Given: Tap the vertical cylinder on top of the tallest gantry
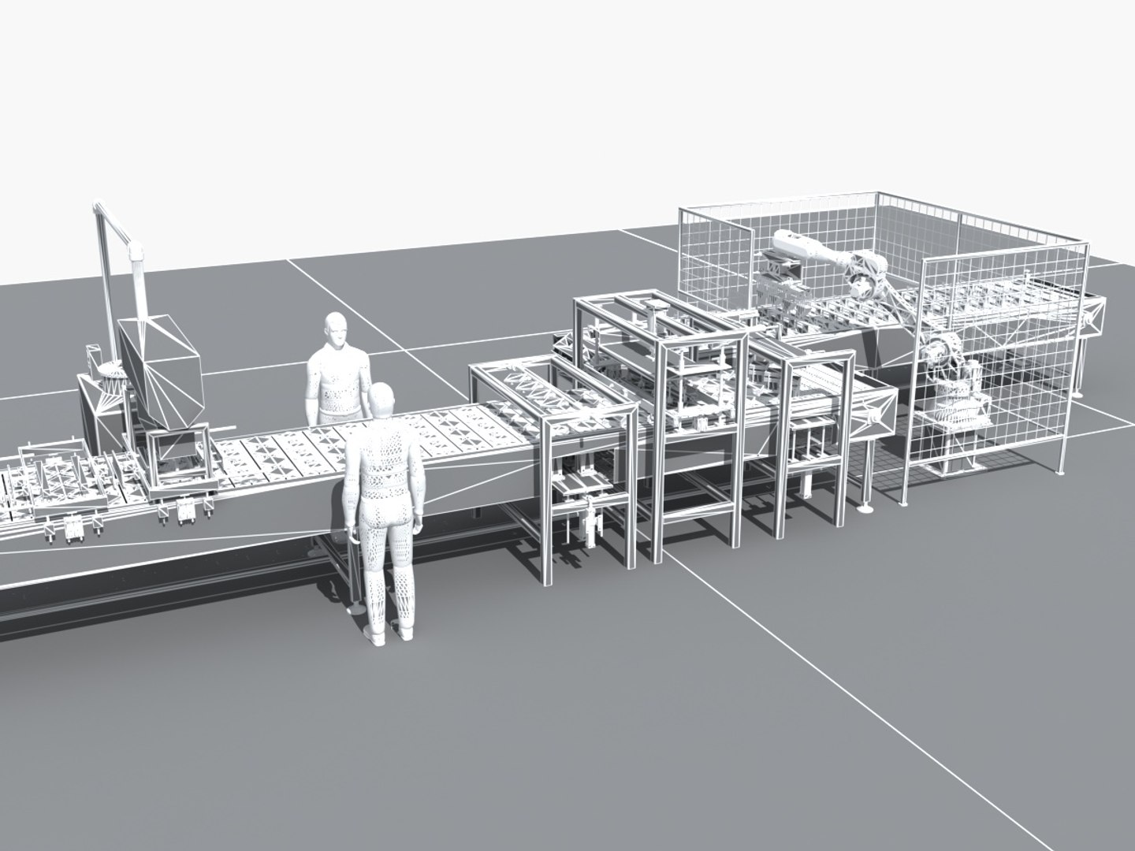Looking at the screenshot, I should (x=653, y=319).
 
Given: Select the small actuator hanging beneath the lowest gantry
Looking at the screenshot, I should (x=587, y=524).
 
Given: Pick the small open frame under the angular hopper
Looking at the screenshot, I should (x=177, y=457).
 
